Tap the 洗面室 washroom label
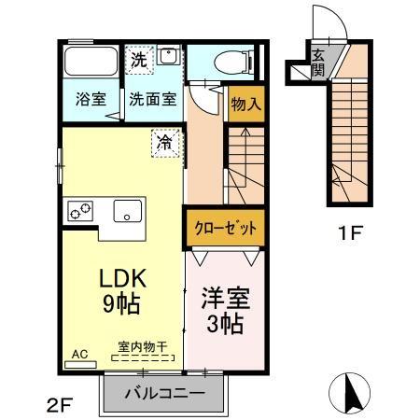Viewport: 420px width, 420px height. click(151, 99)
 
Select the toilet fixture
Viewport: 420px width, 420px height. click(229, 63)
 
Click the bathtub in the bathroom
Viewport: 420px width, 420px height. click(90, 63)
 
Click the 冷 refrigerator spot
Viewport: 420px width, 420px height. click(164, 143)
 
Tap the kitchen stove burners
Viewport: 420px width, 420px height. click(78, 211)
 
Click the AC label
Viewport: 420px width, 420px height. click(79, 355)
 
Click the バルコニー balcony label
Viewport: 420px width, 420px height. click(164, 394)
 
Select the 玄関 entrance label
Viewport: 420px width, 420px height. click(318, 61)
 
